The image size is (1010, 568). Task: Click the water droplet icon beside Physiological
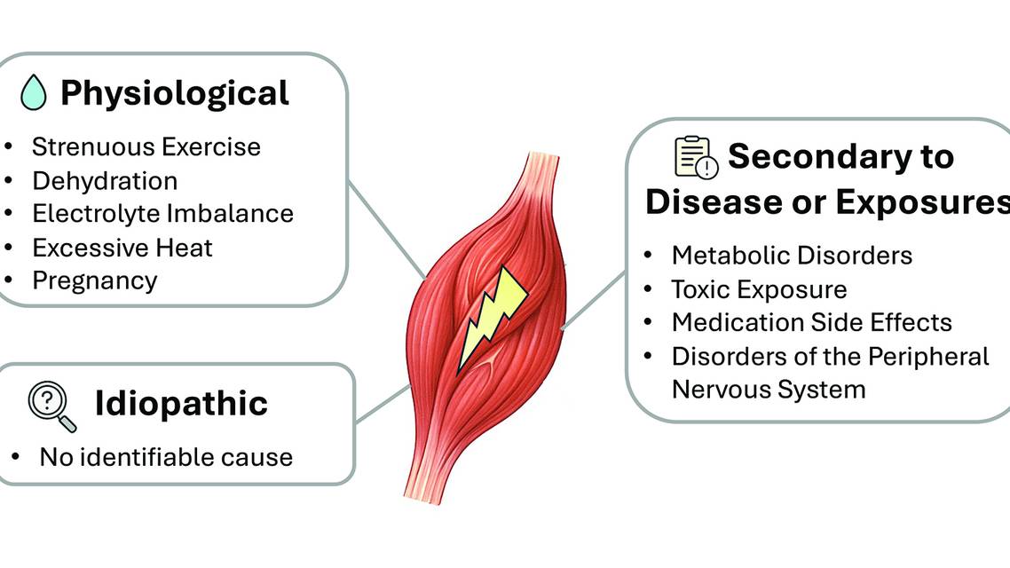[33, 92]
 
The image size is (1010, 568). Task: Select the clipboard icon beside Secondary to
[695, 157]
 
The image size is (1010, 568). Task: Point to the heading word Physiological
[175, 92]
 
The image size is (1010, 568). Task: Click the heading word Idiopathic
[181, 404]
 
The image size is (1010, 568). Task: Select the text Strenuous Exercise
[146, 146]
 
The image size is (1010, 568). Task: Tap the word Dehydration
[105, 181]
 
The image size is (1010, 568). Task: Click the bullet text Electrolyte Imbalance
[162, 214]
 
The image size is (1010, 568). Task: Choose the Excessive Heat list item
[122, 248]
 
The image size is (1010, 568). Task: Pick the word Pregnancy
[95, 280]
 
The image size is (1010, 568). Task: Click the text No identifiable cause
[166, 457]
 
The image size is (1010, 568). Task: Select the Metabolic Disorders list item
[792, 256]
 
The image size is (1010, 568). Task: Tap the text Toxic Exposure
[759, 289]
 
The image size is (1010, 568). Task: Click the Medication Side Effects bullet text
[811, 322]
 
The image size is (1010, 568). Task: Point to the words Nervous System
[769, 389]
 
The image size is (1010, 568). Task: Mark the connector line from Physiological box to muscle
[386, 229]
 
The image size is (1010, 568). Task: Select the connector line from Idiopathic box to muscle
[383, 403]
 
